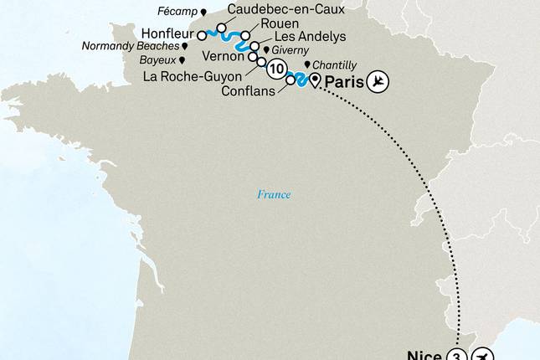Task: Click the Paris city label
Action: pyautogui.click(x=345, y=81)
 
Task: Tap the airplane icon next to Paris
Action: pyautogui.click(x=379, y=81)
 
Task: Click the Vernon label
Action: pyautogui.click(x=222, y=57)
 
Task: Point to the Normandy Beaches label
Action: pyautogui.click(x=130, y=47)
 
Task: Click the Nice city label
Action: pyautogui.click(x=424, y=353)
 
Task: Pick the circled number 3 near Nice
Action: pyautogui.click(x=457, y=354)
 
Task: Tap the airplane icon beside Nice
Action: pyautogui.click(x=482, y=354)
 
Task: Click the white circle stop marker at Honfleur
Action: pyautogui.click(x=202, y=36)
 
